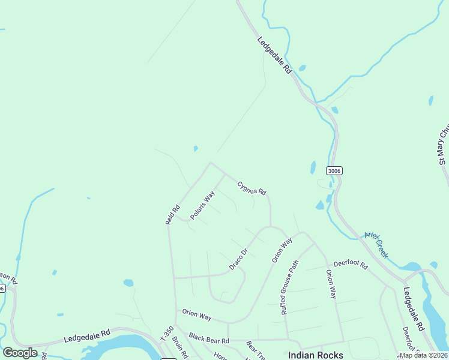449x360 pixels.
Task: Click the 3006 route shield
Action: tap(334, 171)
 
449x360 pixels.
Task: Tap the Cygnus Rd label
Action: tap(252, 188)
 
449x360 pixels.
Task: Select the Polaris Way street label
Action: tap(202, 205)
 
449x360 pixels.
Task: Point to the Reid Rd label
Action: tap(172, 215)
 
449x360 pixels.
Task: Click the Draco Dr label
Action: tap(238, 259)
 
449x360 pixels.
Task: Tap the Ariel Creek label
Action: tap(376, 245)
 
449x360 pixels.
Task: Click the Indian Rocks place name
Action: tap(315, 355)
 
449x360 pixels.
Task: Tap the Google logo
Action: tap(20, 353)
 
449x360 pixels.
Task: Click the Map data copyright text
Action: tap(424, 355)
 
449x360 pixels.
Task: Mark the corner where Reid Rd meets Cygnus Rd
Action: tap(209, 162)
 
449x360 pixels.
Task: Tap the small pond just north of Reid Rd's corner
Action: tap(195, 148)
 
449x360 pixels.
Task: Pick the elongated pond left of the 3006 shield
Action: tap(313, 167)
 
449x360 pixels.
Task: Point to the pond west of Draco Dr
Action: tap(128, 283)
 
